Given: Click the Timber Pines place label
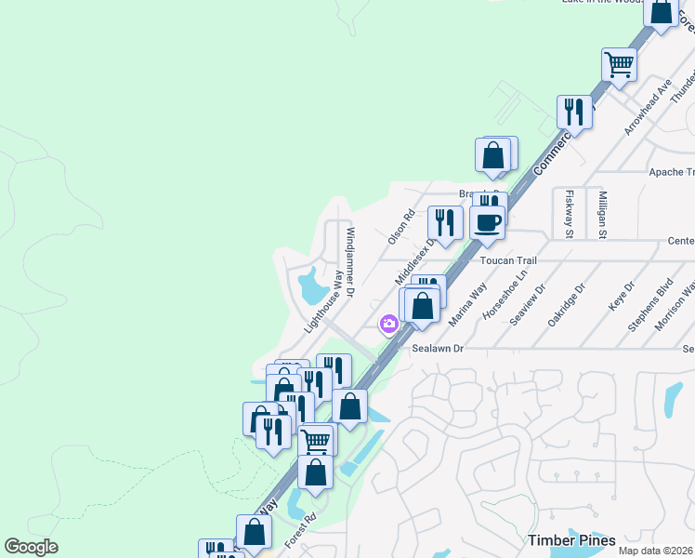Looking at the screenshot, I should point(572,540).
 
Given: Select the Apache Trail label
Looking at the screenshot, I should point(671,172).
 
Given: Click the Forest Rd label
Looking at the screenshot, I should point(301,529).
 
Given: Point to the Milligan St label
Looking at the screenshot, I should point(602,217).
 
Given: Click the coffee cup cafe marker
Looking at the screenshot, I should point(488,222).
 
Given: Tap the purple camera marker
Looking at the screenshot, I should point(388,325).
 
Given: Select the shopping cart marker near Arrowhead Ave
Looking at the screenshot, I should point(619,65).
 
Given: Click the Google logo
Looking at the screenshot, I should point(32,546).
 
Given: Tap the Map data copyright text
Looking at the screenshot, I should point(656,551).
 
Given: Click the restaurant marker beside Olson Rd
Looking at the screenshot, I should point(445,223).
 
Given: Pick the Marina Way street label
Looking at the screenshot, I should point(467,303).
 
